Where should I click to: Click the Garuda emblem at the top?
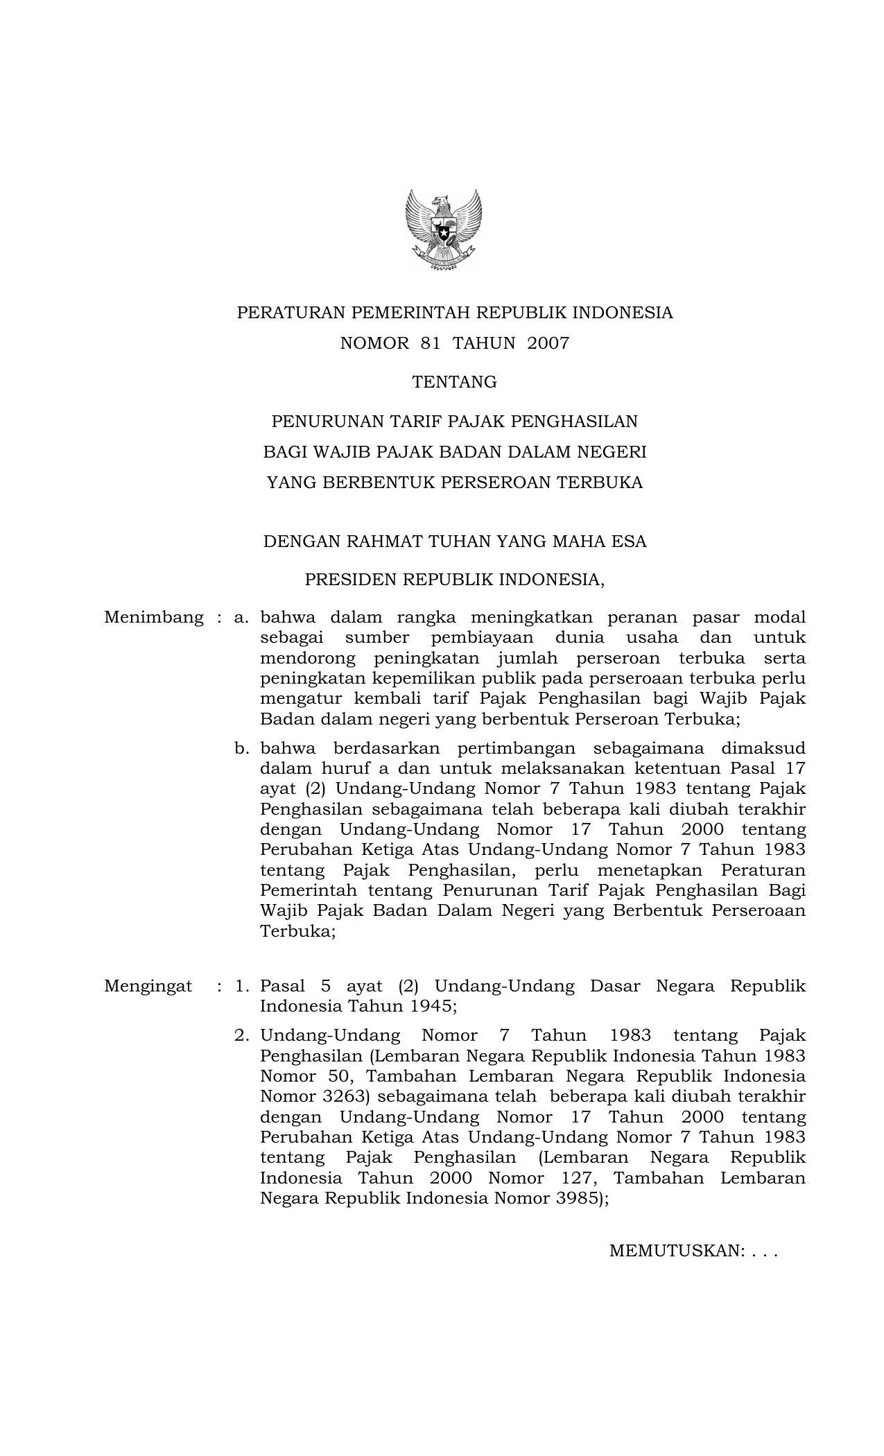point(443,230)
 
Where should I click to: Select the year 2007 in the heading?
point(548,343)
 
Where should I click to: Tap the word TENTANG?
point(454,382)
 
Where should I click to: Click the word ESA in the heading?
point(629,541)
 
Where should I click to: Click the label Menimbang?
point(154,618)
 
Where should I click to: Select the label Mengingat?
point(148,987)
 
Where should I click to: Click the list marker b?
point(241,749)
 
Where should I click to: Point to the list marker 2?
point(241,1036)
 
